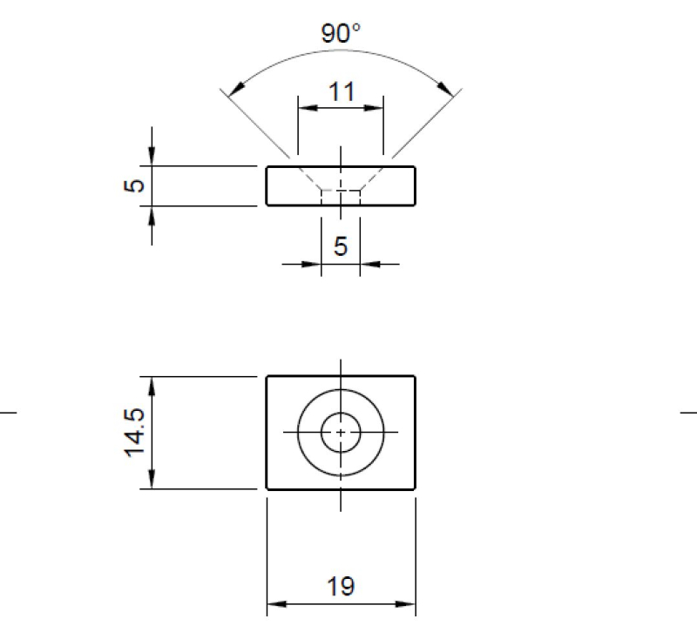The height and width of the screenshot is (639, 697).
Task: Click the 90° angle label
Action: tap(341, 34)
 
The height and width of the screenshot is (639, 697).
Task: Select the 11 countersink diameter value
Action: tap(341, 91)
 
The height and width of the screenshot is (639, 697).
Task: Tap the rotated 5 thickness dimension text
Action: tap(132, 185)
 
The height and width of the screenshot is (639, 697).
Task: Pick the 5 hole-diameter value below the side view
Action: tap(341, 246)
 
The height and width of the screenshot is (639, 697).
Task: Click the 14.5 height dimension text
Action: tap(133, 433)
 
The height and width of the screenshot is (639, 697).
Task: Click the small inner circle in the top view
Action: tap(341, 432)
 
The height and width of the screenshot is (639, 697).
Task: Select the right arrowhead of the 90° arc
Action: tap(449, 89)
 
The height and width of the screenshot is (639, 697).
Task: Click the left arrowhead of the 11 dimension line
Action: tap(305, 109)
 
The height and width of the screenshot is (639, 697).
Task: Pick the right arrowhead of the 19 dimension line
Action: tap(409, 604)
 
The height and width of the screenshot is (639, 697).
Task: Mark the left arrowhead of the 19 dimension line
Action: tap(274, 604)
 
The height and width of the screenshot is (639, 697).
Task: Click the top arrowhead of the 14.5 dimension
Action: tap(152, 384)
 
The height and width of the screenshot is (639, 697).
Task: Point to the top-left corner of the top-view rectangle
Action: tap(267, 376)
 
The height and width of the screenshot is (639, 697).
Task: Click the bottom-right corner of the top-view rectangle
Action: tap(415, 489)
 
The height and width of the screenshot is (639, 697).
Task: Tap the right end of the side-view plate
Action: tap(415, 185)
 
